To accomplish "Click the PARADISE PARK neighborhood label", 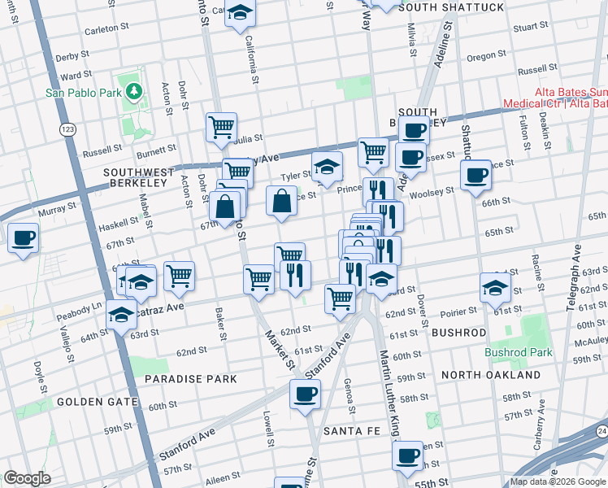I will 190,379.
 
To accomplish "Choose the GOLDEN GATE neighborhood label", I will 90,402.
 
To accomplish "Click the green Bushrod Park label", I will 518,352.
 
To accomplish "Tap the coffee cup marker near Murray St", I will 24,238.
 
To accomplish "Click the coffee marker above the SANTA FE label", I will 306,394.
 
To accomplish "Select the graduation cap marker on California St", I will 241,13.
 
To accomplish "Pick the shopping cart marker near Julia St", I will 221,127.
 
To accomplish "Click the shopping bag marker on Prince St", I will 281,201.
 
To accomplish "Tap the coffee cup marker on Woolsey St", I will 476,174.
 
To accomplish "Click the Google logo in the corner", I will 27,478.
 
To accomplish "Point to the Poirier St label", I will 460,312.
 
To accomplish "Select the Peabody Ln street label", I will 84,307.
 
